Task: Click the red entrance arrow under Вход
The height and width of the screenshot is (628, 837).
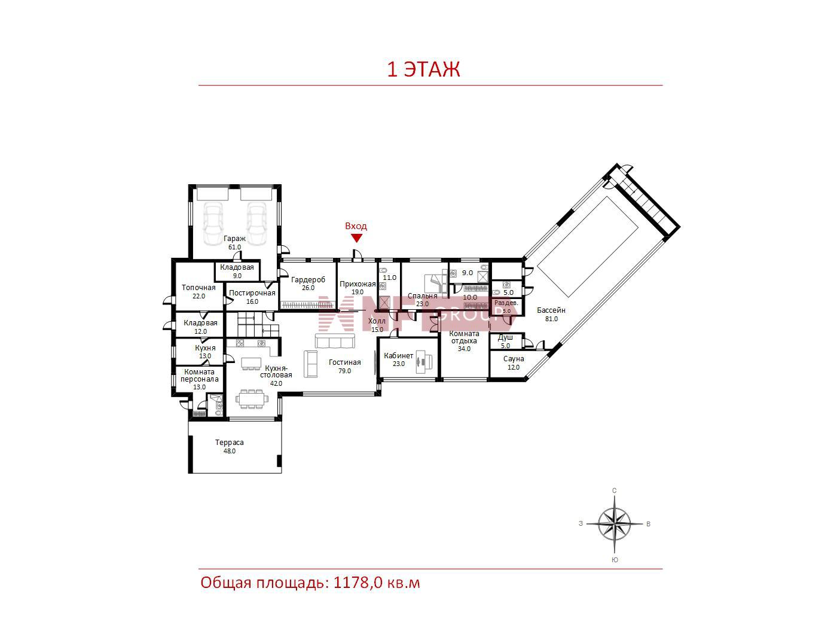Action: (356, 238)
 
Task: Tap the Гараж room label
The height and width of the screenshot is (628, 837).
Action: (234, 239)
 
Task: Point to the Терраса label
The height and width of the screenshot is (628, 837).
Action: (229, 443)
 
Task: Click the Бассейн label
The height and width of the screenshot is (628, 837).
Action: (551, 310)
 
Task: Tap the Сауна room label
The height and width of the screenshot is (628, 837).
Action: (513, 359)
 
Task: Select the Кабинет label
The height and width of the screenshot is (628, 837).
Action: (399, 356)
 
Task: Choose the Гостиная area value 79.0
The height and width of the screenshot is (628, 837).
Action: (344, 371)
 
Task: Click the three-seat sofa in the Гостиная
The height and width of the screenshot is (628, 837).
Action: (335, 341)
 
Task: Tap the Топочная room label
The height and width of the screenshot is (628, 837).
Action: (198, 288)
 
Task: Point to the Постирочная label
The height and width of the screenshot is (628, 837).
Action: (252, 293)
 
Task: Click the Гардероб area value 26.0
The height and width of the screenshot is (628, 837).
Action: (308, 288)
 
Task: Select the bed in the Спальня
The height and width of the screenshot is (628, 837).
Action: (435, 282)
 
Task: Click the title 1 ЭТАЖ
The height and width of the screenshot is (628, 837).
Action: (424, 70)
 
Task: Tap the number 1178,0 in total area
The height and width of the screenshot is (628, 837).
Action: (358, 583)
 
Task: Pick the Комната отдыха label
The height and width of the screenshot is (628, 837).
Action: (464, 337)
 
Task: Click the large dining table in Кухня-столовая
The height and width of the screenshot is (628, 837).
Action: (252, 399)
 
